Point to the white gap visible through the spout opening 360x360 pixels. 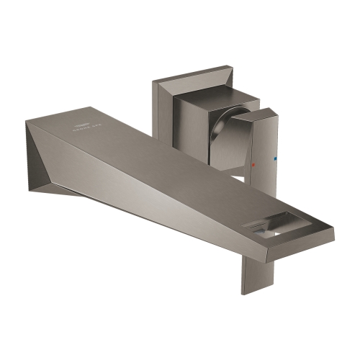tap(274, 233)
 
